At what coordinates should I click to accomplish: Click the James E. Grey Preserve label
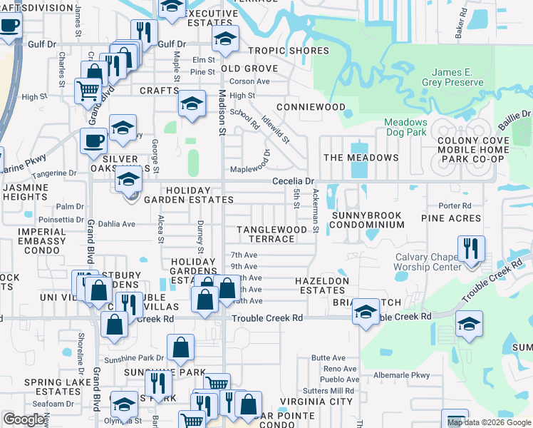457,77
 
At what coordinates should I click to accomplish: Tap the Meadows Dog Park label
405,127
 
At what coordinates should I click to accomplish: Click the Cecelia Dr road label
293,181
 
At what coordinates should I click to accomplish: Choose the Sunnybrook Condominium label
366,220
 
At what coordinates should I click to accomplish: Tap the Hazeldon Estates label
322,286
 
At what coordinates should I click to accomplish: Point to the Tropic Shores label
289,51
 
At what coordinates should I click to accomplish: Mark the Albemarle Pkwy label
402,374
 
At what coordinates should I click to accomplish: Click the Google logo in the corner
24,419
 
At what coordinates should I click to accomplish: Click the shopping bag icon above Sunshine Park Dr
181,348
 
